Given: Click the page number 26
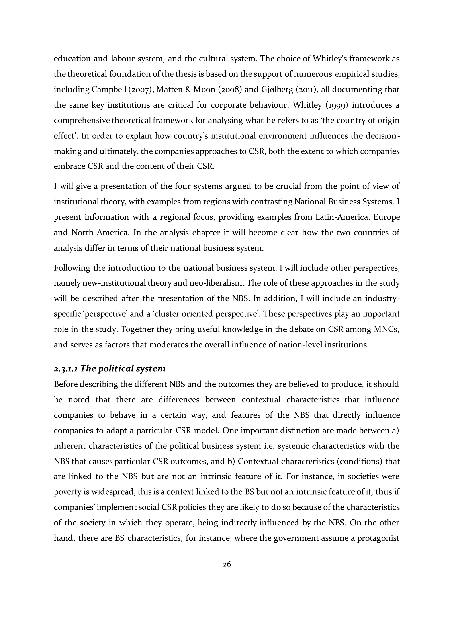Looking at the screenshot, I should tap(227, 564).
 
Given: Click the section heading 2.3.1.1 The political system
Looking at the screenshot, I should tap(110, 368).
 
